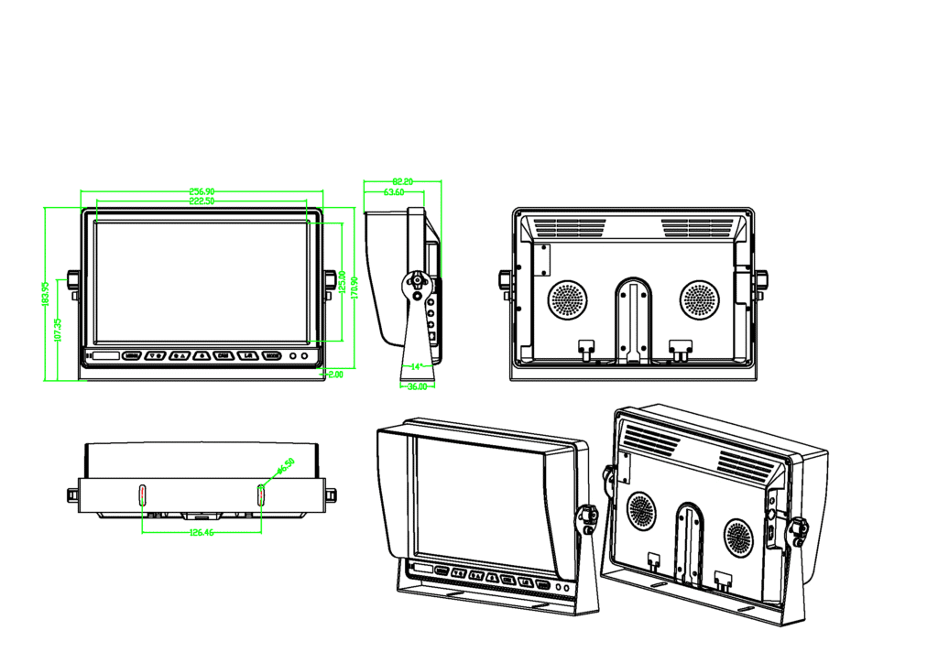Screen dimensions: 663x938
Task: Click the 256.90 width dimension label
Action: (x=202, y=191)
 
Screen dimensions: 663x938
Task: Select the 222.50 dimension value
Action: (x=202, y=201)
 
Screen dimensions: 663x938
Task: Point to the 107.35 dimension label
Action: (x=58, y=330)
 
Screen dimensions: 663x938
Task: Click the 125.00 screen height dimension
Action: (x=342, y=282)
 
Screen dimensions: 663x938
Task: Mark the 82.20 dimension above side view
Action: (x=402, y=182)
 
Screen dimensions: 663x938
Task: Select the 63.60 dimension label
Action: (x=394, y=192)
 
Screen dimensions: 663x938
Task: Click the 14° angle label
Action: (x=417, y=366)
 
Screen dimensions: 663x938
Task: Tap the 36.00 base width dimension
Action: (x=417, y=386)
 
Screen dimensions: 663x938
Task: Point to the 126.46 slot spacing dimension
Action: (x=202, y=532)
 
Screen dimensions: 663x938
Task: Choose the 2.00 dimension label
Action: (x=334, y=374)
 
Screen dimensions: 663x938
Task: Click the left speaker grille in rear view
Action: (x=567, y=299)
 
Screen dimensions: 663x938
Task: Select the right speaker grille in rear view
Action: (x=700, y=299)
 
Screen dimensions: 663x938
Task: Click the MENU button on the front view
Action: (x=132, y=355)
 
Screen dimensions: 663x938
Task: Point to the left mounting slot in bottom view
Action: (x=142, y=495)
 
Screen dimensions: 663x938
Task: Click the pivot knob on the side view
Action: (x=417, y=280)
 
